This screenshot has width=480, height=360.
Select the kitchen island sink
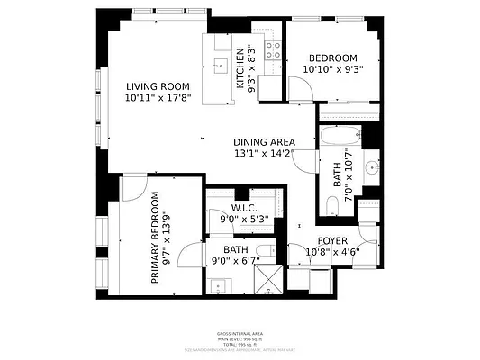coord(221,65)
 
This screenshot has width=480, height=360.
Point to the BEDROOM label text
coord(332,57)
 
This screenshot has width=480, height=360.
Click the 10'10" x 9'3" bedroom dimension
coord(332,68)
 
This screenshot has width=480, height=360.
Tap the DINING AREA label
coord(264,142)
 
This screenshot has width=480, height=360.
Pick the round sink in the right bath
coord(371,166)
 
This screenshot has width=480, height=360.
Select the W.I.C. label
coord(245,208)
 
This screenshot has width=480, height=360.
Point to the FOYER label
coord(332,240)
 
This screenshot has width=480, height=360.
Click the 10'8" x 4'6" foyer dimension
coord(332,252)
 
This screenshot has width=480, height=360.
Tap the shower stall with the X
coord(267,284)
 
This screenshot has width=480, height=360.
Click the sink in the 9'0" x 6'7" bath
coord(219,285)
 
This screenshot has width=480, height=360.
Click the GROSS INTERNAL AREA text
coord(240,332)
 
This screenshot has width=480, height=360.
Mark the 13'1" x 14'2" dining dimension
coord(264,154)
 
